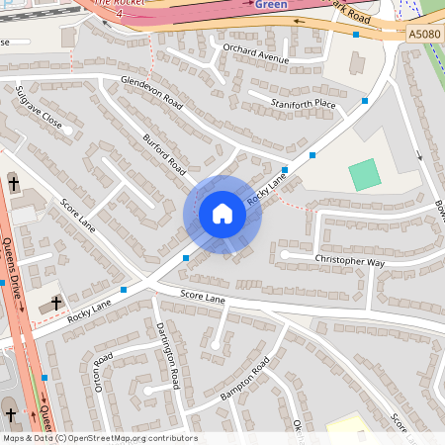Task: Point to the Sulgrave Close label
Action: click(39, 108)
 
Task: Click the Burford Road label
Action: click(164, 151)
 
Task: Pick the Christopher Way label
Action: click(349, 262)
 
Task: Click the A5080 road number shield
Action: click(422, 35)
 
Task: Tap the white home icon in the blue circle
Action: click(222, 214)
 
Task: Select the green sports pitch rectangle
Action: click(364, 174)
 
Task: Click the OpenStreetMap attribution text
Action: click(100, 438)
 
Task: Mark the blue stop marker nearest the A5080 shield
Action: click(356, 35)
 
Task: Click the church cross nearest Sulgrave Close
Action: click(14, 182)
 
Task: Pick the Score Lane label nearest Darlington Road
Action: click(203, 297)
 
